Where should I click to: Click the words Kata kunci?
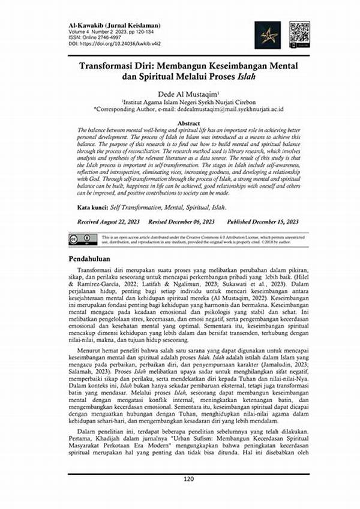click(92, 207)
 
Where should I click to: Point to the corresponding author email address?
click(232, 110)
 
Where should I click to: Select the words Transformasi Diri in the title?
click(114, 64)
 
